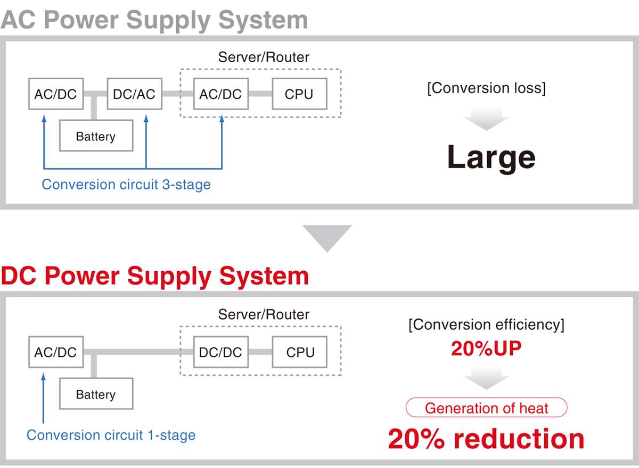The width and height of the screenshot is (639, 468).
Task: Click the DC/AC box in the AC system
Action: point(134,94)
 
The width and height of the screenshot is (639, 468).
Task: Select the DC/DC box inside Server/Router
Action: point(220,352)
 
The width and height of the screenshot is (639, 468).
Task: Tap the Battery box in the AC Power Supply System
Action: point(96,136)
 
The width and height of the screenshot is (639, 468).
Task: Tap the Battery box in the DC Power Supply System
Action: point(96,394)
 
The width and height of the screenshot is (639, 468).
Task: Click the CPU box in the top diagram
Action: point(299,94)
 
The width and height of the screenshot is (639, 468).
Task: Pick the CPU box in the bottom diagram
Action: point(300,352)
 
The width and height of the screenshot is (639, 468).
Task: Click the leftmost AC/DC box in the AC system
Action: point(55,94)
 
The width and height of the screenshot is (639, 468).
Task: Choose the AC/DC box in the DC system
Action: point(55,352)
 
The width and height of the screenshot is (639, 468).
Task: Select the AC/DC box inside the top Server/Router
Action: point(220,94)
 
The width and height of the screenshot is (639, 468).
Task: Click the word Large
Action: point(490,157)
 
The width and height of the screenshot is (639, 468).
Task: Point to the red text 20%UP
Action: point(486,349)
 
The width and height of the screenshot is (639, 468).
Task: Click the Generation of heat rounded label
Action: point(486,408)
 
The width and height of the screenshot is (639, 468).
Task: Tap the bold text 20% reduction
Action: point(486,439)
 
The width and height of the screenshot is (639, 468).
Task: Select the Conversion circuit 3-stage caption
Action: point(126,185)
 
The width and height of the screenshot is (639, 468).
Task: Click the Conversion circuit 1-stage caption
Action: point(111,435)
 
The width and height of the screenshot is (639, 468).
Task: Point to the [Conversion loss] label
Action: point(486,88)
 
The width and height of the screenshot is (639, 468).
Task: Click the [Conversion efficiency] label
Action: point(486,324)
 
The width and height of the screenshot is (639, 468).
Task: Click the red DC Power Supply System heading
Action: point(154,276)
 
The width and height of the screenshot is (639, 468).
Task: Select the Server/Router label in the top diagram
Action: point(264,57)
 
